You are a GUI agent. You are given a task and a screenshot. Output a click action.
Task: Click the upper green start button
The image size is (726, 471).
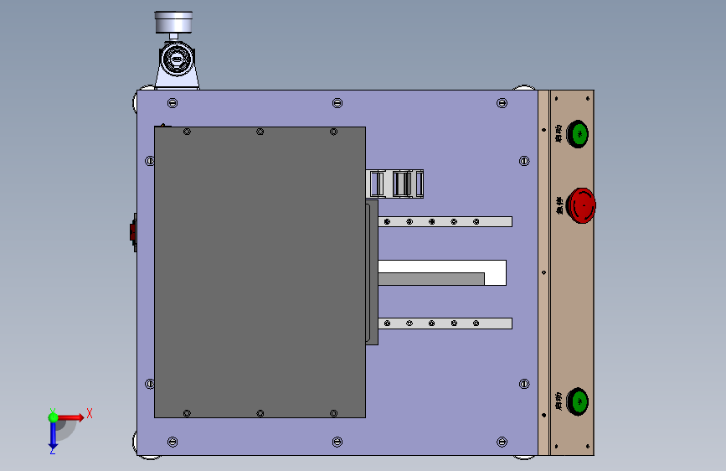(578, 133)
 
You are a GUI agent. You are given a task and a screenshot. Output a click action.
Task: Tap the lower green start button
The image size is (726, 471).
(578, 401)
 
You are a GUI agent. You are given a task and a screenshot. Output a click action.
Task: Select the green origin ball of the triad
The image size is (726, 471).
(53, 417)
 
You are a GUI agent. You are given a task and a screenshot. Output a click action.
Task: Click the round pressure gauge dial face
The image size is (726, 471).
(176, 60)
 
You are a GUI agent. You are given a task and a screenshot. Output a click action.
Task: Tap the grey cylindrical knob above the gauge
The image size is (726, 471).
(174, 22)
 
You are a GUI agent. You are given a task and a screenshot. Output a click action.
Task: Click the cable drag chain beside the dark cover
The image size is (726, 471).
(396, 184)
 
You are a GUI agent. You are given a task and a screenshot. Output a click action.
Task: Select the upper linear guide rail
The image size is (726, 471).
(445, 221)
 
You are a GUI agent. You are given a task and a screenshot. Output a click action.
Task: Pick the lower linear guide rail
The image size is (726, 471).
(445, 323)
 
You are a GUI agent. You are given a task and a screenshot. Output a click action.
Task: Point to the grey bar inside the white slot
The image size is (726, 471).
(430, 278)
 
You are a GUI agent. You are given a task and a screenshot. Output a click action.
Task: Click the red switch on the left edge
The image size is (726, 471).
(132, 232)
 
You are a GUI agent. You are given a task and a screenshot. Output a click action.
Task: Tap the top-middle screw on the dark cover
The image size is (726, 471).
(260, 132)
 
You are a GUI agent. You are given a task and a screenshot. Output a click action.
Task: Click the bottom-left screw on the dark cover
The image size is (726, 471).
(187, 413)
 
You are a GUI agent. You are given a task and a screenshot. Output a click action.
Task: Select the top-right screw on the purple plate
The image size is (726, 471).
(502, 103)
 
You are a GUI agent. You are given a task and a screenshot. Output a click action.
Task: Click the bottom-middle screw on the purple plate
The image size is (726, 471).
(337, 441)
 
